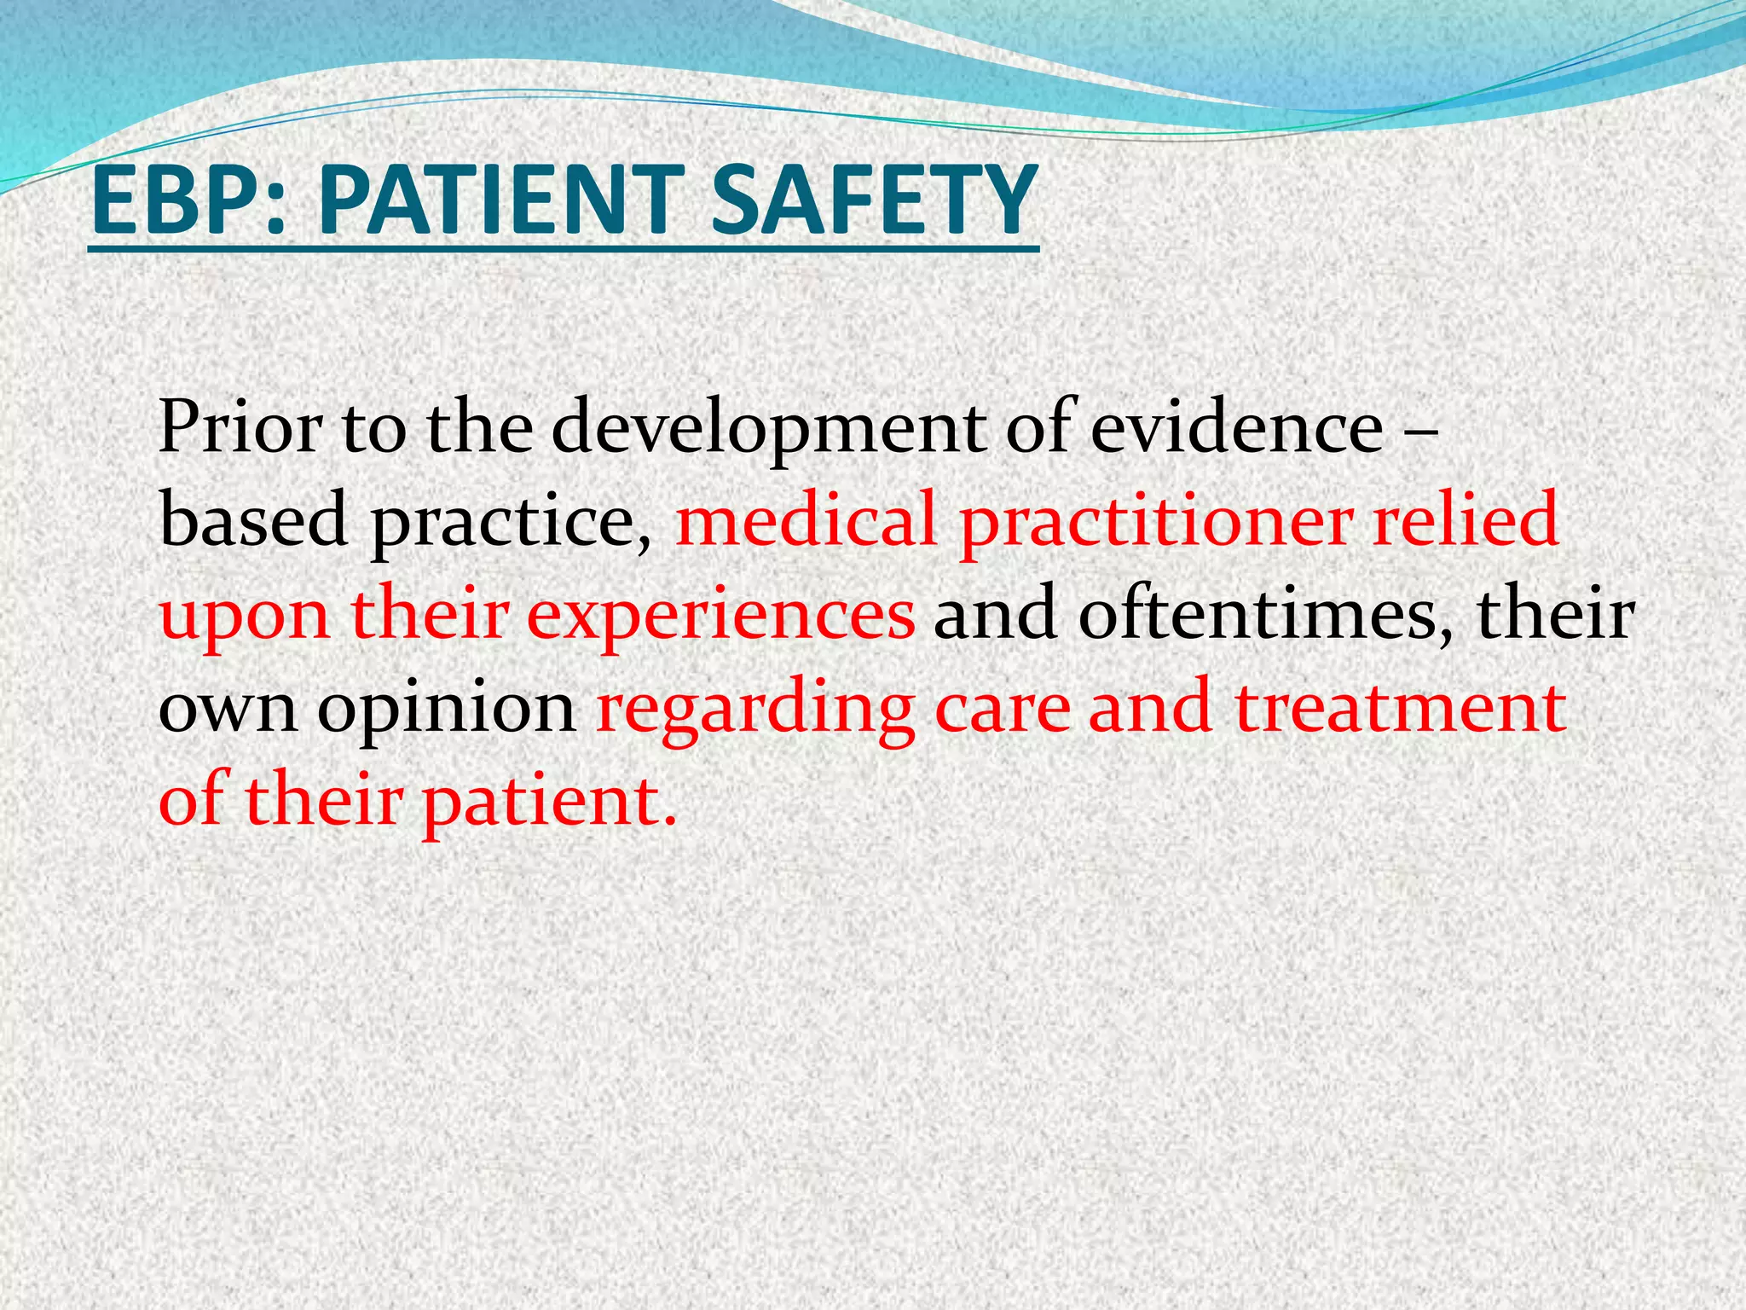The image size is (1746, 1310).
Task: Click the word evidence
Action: pos(1236,427)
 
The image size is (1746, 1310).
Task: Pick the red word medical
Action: pos(806,520)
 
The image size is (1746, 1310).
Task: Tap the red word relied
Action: pos(1466,520)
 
